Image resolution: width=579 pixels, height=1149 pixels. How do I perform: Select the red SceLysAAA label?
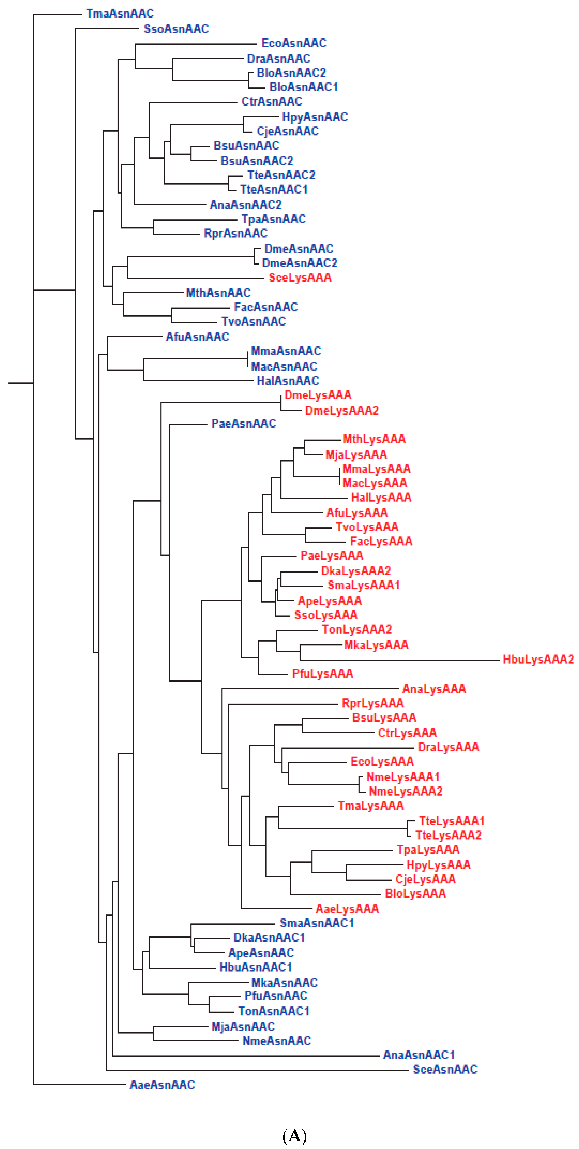[x=299, y=277]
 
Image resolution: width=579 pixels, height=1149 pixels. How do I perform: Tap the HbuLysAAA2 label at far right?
[x=537, y=659]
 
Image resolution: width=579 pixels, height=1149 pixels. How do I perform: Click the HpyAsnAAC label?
[x=315, y=117]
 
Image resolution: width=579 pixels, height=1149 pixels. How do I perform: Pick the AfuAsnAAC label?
[x=197, y=337]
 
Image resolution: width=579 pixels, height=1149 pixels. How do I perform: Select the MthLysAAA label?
[x=374, y=439]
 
